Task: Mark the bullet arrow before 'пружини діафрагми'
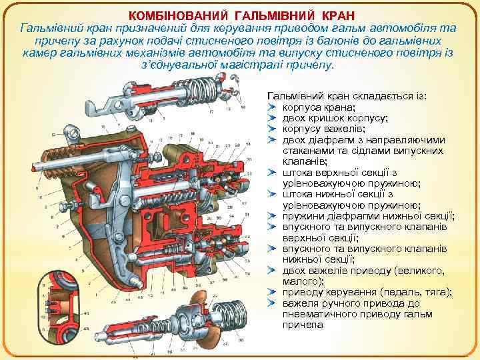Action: point(271,216)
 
